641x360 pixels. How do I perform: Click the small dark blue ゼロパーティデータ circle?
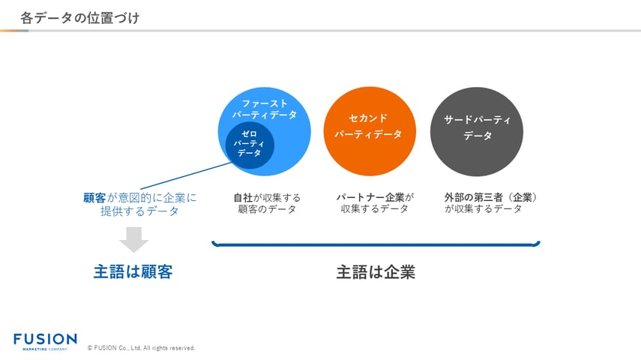(250, 142)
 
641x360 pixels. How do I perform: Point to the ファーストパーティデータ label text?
(264, 109)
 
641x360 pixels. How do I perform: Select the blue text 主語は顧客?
(133, 272)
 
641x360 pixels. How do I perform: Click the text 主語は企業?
(376, 272)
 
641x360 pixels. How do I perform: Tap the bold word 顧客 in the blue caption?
(94, 198)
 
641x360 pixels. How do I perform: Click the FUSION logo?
(45, 339)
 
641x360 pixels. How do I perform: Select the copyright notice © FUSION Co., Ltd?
(141, 348)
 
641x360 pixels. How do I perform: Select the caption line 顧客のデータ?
(267, 209)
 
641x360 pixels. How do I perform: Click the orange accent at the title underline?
(11, 31)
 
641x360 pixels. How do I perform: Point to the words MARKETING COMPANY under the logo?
(45, 349)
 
